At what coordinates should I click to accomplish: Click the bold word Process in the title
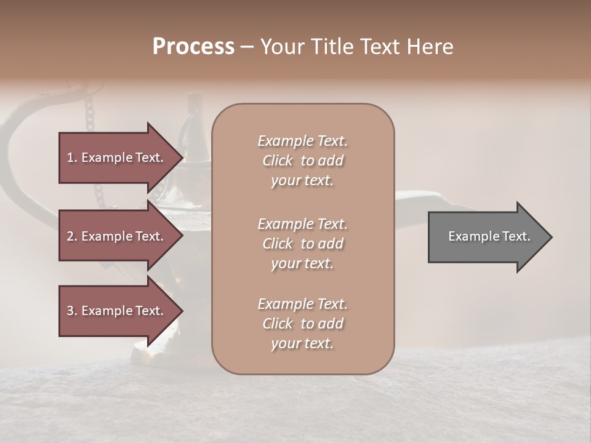point(193,47)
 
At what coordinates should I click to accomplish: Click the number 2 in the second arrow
point(70,236)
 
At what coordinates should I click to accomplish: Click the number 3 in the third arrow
point(70,311)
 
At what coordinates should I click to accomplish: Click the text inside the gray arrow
point(489,236)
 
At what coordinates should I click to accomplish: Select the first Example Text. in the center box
point(302,141)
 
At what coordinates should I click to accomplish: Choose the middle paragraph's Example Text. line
point(302,224)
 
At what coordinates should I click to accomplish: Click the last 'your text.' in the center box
point(302,344)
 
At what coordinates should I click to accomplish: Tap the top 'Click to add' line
point(302,161)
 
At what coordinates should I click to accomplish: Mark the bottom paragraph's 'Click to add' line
point(302,324)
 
